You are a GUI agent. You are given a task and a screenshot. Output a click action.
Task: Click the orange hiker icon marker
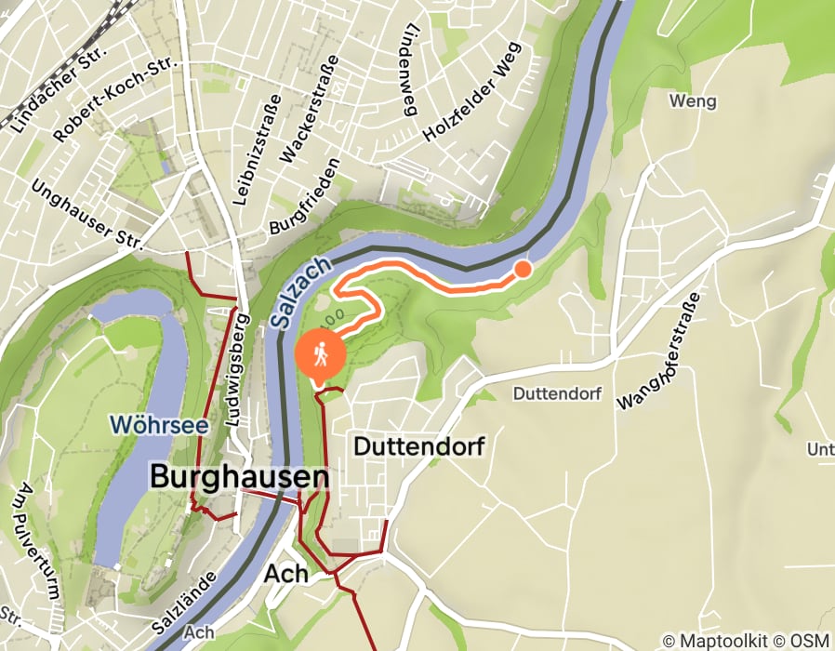pos(320,354)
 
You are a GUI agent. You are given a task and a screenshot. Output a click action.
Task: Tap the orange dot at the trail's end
pos(523,269)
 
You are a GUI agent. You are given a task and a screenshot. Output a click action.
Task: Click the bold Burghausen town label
pos(240,478)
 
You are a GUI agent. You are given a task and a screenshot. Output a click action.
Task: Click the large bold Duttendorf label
pos(419,446)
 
